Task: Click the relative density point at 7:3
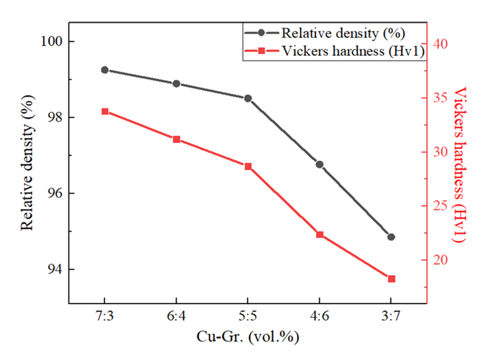coord(104,70)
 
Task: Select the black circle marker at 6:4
coord(176,83)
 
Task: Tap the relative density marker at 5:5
coord(248,98)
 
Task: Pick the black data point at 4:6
coord(319,164)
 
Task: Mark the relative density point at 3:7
coord(391,236)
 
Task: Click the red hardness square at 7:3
coord(104,112)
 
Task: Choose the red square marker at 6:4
coord(176,139)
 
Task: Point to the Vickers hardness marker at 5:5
coord(248,166)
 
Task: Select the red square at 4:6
coord(319,235)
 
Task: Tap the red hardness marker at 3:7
coord(391,279)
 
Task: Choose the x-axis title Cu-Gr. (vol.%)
coord(248,338)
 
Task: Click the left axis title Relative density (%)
coord(27,168)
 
